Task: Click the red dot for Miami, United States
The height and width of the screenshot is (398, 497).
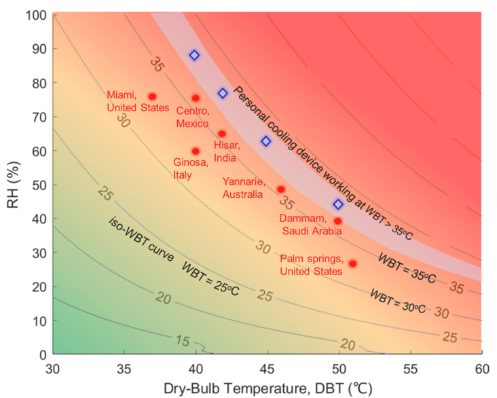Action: tap(153, 96)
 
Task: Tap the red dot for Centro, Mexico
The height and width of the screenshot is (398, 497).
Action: tap(196, 98)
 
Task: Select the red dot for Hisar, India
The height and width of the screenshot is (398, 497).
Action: tap(222, 134)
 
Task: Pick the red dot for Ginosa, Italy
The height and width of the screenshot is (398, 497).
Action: tap(196, 151)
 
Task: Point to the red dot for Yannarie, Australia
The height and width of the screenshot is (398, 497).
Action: tap(281, 189)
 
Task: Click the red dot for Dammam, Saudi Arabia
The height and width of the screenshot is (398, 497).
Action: tap(338, 221)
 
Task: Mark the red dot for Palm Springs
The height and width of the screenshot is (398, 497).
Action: tap(352, 264)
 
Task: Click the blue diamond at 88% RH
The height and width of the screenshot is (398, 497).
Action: tap(194, 56)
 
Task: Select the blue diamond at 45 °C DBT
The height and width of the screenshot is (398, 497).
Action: tap(266, 141)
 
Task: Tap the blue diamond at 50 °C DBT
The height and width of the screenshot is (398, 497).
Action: tap(338, 204)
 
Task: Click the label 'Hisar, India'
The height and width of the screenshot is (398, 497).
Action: tap(225, 151)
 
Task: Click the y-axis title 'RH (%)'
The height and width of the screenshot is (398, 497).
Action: tap(13, 183)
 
